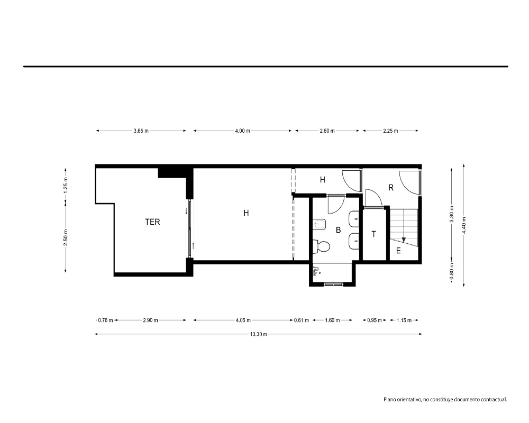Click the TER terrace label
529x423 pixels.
tap(152, 222)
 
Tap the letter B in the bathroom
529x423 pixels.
tap(339, 230)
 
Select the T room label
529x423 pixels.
tap(374, 234)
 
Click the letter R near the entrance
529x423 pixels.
tap(391, 188)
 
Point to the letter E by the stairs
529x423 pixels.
tap(398, 251)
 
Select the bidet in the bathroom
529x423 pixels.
tap(319, 224)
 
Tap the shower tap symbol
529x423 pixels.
tap(316, 271)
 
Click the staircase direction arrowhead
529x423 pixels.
tap(404, 240)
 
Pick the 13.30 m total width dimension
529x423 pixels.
tap(259, 334)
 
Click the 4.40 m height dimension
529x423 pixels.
tap(464, 225)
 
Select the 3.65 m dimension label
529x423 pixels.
tap(141, 131)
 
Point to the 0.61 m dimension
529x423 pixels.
tap(302, 320)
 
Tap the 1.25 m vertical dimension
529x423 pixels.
tap(66, 185)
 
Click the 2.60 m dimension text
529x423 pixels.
tap(327, 131)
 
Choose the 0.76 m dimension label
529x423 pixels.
tap(105, 320)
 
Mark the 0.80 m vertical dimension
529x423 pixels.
tap(452, 271)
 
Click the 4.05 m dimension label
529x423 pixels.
tap(243, 320)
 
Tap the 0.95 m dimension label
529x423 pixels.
tap(375, 320)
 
